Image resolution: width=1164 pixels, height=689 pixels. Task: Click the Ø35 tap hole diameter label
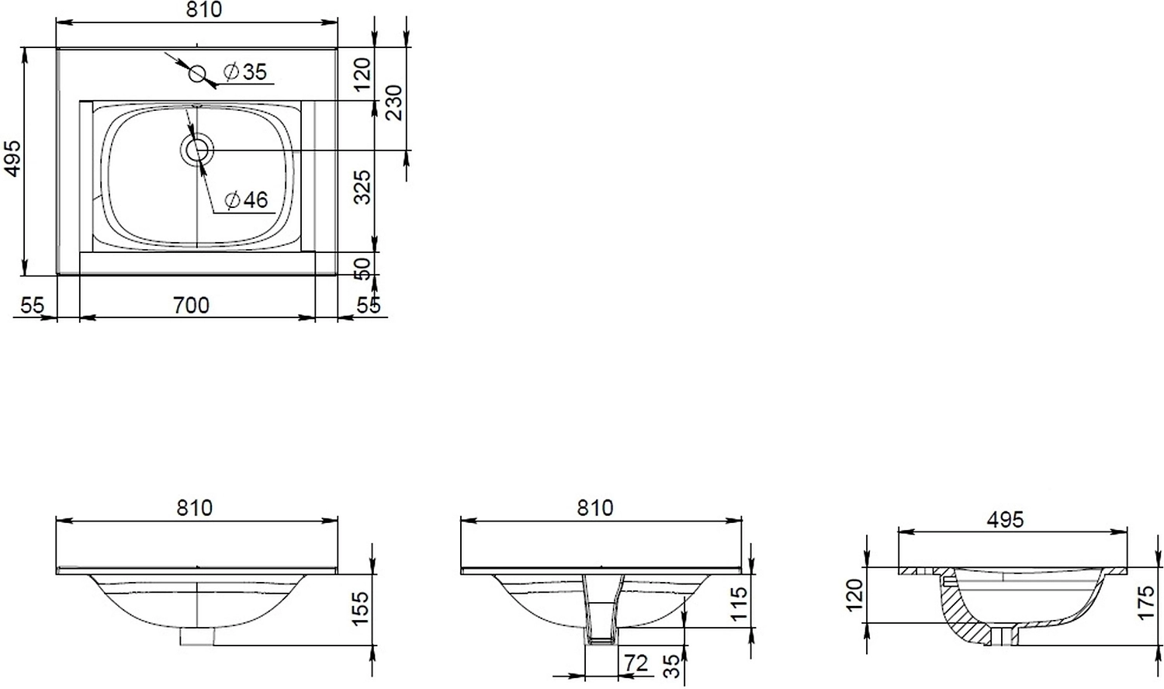[x=245, y=71]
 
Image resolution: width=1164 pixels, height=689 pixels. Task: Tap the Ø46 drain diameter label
[x=246, y=199]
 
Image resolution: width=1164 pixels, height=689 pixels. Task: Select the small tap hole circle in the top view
[x=197, y=74]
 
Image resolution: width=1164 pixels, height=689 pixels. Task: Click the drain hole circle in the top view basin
[x=197, y=151]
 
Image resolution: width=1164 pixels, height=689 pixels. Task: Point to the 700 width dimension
[x=191, y=306]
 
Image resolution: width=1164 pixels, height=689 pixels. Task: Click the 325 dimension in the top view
[x=362, y=187]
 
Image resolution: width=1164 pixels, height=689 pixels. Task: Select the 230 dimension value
[x=394, y=102]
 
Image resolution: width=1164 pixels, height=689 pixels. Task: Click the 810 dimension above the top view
[x=203, y=10]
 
